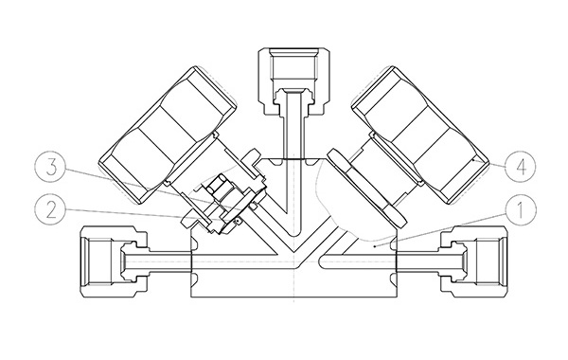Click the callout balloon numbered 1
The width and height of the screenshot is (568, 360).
pos(520,210)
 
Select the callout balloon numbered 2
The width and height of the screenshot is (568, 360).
pos(51,209)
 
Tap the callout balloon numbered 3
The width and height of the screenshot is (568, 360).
pos(51,168)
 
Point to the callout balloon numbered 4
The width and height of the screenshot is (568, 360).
pos(520,167)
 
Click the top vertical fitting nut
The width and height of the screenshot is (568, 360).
pos(293,81)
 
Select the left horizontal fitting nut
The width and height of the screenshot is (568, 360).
pos(114,261)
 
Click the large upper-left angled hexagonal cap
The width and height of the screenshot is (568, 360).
pos(168,135)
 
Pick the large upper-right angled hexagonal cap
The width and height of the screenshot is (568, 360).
pos(419,135)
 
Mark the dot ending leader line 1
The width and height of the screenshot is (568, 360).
pos(375,245)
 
